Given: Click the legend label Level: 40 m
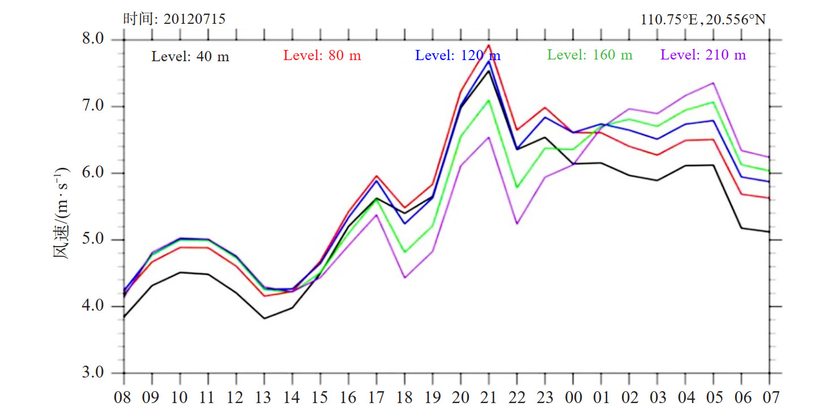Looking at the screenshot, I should (190, 57).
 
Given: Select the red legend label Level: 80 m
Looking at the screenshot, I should (322, 56).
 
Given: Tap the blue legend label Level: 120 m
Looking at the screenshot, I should (458, 56).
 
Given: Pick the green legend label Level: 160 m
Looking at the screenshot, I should (590, 55).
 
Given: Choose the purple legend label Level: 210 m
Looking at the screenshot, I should (703, 55).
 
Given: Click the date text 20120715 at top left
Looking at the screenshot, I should (194, 19).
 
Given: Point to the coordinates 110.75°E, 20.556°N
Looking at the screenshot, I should (703, 20).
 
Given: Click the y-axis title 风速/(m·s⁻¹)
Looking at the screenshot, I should (61, 213).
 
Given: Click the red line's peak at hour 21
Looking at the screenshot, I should (489, 45).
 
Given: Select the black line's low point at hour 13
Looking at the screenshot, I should (264, 319).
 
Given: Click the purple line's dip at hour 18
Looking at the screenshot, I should (404, 278).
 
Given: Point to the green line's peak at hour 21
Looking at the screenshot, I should (489, 100).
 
